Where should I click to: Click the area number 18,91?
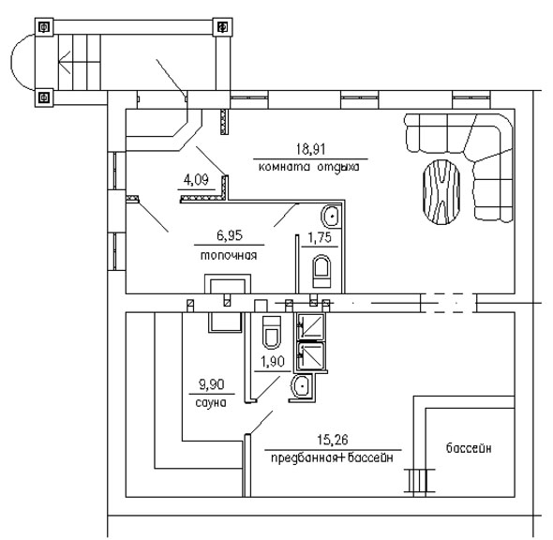pos(310,149)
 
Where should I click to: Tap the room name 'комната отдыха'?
pos(309,167)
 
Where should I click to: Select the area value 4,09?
pos(196,180)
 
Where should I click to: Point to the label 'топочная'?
pos(229,255)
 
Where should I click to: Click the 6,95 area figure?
pos(230,235)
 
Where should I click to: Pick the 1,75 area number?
pos(320,238)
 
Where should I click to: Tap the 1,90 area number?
pos(273,362)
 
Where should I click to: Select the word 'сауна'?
pos(211,403)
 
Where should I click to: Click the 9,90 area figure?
pos(212,384)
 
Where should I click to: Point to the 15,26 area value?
pos(333,440)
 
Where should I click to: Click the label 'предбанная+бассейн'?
pos(332,458)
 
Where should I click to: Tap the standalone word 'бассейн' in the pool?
pos(469,448)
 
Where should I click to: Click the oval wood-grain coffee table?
pos(441,191)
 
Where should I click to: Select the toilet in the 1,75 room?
pos(321,271)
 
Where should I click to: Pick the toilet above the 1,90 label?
pos(272,332)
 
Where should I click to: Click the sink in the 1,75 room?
pos(331,215)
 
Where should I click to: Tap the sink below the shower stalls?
pos(302,385)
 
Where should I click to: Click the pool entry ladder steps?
pos(419,480)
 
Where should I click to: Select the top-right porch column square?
pos(222,27)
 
